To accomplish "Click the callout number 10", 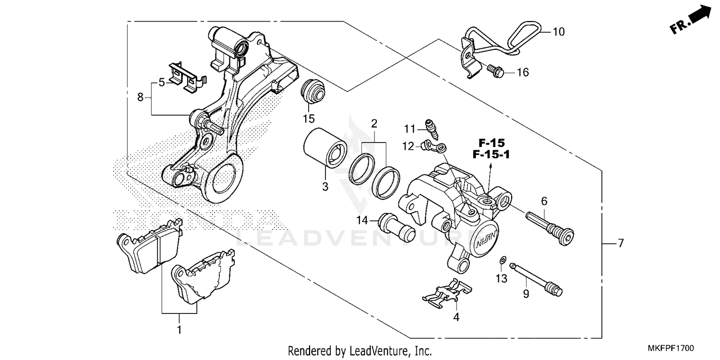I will (x=558, y=32).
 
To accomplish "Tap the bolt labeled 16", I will (x=495, y=71).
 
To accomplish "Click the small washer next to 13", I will (x=502, y=260).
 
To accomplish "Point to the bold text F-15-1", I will (x=491, y=156).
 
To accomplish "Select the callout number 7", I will (x=620, y=243).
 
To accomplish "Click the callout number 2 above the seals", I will (x=373, y=123).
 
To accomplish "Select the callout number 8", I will (x=140, y=97).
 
